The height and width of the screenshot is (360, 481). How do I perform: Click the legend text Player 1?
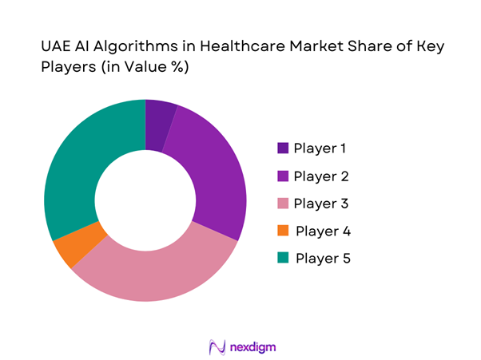tap(320, 148)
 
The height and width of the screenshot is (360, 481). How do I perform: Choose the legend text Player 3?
tap(321, 204)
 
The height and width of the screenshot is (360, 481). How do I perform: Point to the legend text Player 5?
tap(323, 259)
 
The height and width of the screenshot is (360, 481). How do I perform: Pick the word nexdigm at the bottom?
tap(251, 347)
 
